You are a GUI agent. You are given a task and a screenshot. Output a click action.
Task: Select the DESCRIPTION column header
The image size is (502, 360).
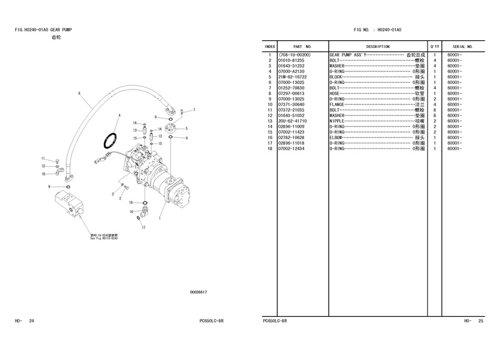[378, 47]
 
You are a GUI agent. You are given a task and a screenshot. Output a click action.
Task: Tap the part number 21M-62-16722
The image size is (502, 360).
[293, 77]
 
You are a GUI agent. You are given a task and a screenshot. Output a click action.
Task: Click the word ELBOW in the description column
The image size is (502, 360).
[337, 137]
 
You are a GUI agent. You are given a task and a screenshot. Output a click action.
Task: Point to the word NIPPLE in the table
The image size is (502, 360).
[338, 121]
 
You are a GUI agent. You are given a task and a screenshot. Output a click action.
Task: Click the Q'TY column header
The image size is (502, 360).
[434, 47]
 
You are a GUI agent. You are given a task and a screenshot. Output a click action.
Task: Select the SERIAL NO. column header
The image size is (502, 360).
[463, 47]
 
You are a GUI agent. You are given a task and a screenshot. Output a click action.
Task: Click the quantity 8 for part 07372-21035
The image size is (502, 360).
[434, 110]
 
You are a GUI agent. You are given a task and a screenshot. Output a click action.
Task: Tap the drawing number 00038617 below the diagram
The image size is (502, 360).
[199, 292]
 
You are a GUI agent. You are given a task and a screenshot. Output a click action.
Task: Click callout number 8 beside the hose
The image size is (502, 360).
[79, 93]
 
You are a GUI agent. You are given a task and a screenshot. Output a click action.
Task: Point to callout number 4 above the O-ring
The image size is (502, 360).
[119, 115]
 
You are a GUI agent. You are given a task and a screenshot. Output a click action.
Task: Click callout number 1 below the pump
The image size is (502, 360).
[160, 218]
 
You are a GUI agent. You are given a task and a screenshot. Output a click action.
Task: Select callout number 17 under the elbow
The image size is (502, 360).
[143, 228]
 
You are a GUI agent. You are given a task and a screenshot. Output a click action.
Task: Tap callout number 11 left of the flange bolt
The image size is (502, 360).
[43, 158]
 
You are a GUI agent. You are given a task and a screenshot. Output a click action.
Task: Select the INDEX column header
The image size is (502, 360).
[270, 47]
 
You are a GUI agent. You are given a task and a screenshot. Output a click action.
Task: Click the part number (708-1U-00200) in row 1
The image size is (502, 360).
[294, 55]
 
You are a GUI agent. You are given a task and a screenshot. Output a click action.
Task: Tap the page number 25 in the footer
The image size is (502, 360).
[480, 322]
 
